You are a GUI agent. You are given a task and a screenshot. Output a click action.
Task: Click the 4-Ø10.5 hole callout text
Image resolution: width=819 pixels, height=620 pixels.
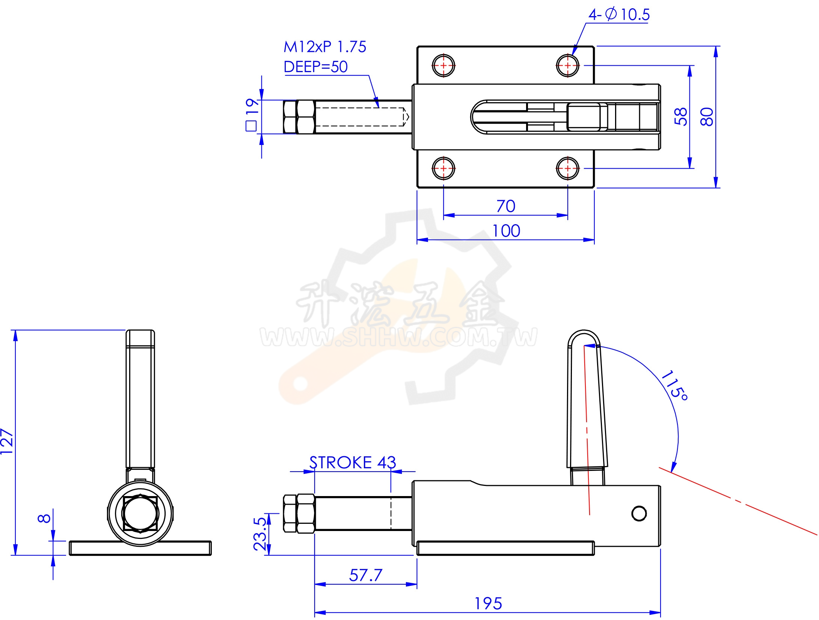(x=619, y=15)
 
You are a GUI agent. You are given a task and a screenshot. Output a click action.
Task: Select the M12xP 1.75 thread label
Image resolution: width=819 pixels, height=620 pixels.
(x=325, y=47)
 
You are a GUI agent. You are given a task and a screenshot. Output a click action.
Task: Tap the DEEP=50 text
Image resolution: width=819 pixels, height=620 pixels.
(x=316, y=67)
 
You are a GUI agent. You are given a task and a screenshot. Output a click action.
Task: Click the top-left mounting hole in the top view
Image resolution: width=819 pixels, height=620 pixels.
(x=443, y=65)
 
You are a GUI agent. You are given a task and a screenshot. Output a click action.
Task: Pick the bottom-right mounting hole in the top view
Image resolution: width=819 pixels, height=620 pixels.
(x=568, y=168)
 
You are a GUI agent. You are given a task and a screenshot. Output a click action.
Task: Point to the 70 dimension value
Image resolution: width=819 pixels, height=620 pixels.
(x=506, y=206)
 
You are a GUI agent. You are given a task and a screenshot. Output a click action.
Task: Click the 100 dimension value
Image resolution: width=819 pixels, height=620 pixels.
(x=506, y=231)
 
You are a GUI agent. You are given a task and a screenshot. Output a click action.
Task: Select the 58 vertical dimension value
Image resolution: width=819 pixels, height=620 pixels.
(x=680, y=116)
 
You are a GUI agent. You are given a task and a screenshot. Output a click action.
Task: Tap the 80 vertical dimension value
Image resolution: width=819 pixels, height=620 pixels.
(x=707, y=116)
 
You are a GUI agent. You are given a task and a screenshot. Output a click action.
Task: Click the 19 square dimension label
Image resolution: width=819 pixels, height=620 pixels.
(x=252, y=115)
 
